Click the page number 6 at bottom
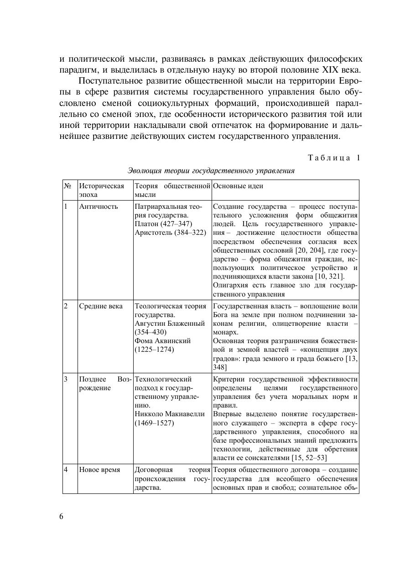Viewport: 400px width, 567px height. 62,516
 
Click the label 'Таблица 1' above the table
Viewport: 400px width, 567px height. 334,158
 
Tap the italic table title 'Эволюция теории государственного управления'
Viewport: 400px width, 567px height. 211,171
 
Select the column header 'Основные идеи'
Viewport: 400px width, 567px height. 238,186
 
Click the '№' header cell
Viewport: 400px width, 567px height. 68,186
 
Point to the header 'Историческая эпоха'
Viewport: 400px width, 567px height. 101,190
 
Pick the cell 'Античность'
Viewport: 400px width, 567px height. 99,207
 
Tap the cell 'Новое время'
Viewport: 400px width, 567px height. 99,470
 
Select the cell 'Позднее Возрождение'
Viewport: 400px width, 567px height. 104,383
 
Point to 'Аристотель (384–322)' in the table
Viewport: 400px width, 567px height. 171,233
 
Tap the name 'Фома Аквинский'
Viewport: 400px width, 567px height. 163,341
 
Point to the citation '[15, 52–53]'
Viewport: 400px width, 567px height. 309,458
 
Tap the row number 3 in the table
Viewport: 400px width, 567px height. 66,379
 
